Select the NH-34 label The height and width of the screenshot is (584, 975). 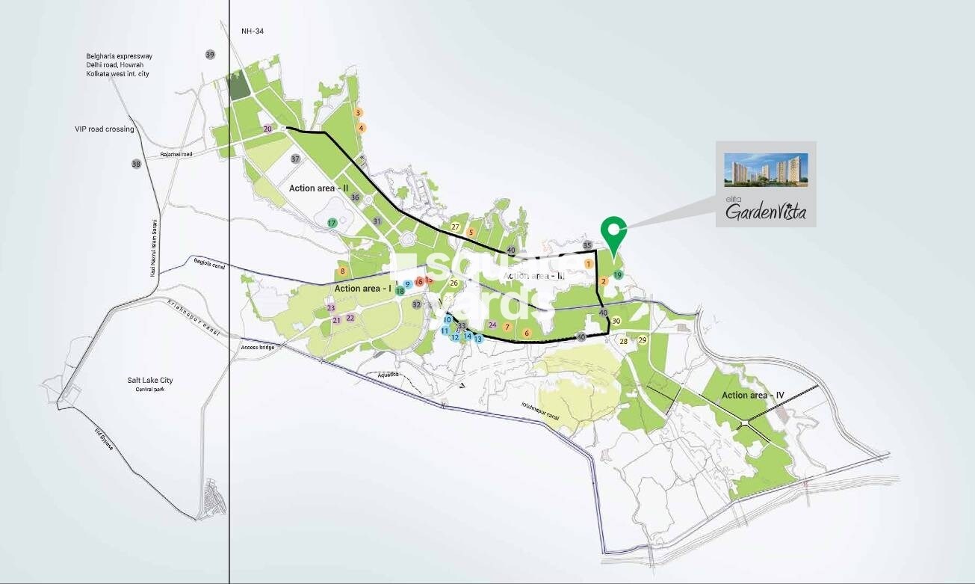(253, 31)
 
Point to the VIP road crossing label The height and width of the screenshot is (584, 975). (105, 129)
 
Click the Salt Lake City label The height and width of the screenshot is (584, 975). (150, 381)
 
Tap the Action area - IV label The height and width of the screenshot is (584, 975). (752, 395)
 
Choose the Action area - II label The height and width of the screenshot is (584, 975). (319, 188)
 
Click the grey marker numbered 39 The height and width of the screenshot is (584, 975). (210, 55)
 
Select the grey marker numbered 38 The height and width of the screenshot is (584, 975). (136, 164)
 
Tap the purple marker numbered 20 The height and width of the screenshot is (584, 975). (268, 129)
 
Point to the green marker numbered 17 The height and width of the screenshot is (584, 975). (332, 223)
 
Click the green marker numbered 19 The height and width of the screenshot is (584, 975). (618, 275)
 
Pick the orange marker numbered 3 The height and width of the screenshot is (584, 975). (359, 113)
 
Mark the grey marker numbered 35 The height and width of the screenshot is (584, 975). (587, 245)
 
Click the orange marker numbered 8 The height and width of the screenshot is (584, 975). (343, 271)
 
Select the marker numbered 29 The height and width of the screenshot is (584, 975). (642, 340)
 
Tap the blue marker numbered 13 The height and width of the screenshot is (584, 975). (478, 339)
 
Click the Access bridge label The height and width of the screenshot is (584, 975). (258, 348)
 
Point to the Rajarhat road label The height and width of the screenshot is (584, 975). (176, 155)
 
